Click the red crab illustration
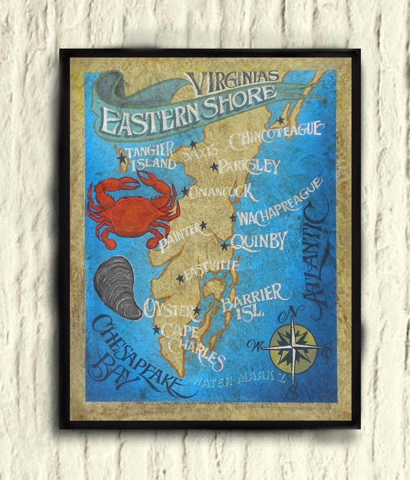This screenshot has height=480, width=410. [x=133, y=209]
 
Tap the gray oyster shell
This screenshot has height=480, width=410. [x=118, y=286]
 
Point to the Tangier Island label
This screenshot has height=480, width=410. [x=149, y=157]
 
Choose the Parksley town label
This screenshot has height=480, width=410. [x=249, y=166]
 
